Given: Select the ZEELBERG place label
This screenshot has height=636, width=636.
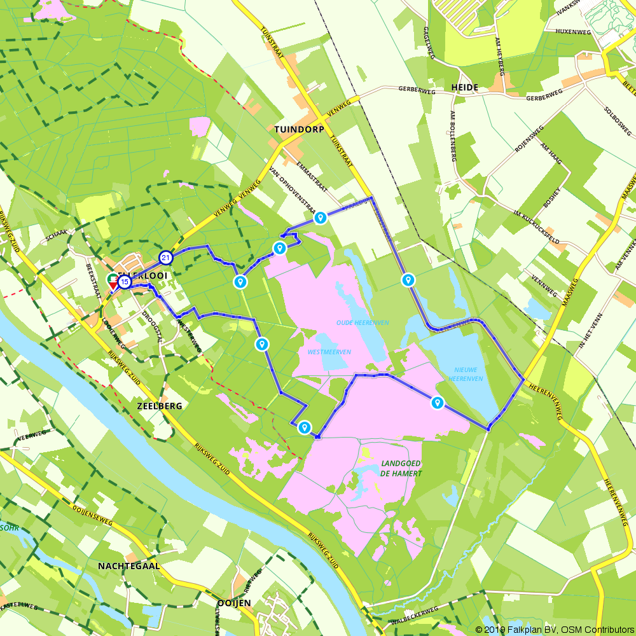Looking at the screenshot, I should [x=160, y=405].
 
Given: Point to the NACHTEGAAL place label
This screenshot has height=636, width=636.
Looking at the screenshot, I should [x=128, y=565].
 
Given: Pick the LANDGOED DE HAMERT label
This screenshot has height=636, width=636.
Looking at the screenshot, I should [x=401, y=468].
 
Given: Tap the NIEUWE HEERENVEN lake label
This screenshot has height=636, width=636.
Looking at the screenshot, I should [x=468, y=374].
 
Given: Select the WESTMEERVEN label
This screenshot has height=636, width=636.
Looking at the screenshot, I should [x=329, y=352].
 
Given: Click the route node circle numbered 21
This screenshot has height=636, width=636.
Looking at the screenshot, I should [x=166, y=258].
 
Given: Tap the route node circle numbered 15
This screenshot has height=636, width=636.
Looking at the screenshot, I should [x=124, y=281].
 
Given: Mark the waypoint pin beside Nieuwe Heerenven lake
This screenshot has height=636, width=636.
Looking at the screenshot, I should [x=437, y=403].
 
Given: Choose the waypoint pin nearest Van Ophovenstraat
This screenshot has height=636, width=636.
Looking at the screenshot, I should [x=321, y=218].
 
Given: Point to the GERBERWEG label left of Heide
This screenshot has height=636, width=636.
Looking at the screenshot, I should [x=417, y=89].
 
